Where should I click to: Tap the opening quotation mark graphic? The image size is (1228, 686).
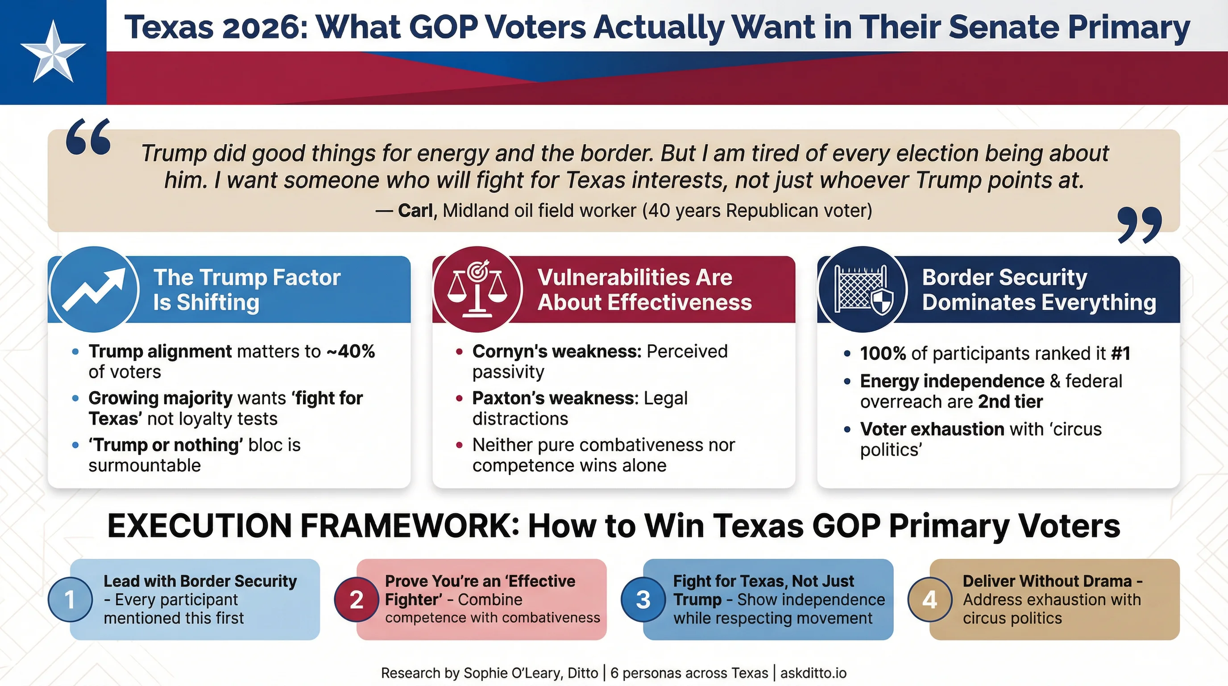[89, 138]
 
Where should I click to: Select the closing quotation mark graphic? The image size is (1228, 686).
[1139, 224]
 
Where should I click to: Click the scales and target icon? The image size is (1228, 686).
[477, 289]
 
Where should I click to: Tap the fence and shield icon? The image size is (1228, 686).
[863, 289]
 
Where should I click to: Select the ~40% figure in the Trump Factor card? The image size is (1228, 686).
[351, 351]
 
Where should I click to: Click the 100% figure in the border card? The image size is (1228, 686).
[882, 353]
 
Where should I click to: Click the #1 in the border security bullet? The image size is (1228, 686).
[1120, 353]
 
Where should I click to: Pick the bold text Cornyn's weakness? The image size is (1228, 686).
[556, 351]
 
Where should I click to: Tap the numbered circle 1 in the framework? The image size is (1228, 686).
[70, 600]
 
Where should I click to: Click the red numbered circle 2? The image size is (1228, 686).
[356, 600]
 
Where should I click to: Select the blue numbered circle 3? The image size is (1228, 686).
[643, 600]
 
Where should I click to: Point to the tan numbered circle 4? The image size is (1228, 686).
[929, 600]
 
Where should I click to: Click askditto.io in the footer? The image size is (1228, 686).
[813, 673]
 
